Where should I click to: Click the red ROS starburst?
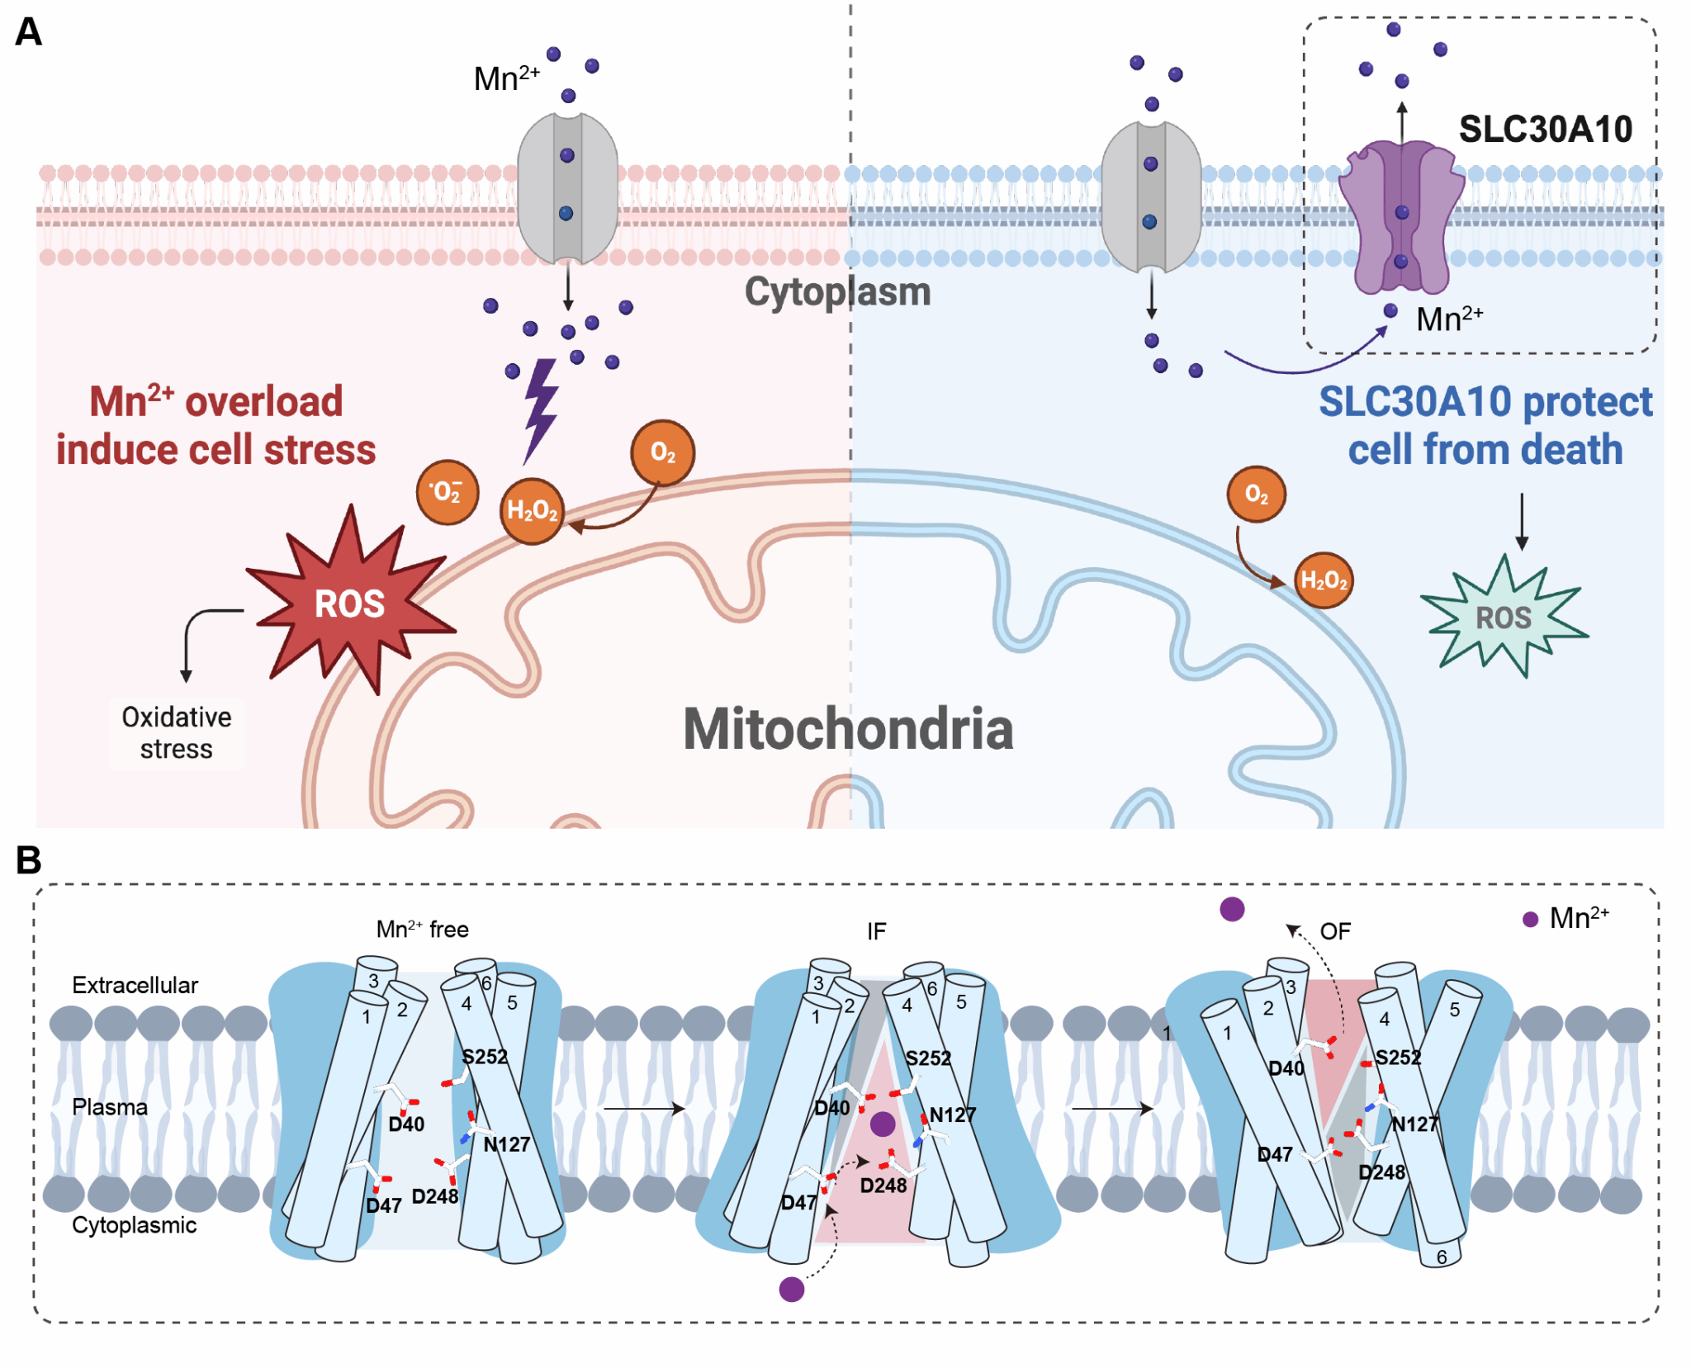[350, 604]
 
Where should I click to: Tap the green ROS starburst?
[1504, 618]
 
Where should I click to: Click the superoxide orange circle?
[447, 492]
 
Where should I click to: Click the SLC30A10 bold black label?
[1546, 129]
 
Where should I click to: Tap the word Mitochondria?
[848, 729]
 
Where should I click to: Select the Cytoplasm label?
[837, 292]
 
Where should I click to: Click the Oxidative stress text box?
[176, 732]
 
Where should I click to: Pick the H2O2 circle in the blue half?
[1324, 580]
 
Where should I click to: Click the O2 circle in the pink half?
[662, 452]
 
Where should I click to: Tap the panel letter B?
[28, 860]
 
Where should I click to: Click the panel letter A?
[28, 32]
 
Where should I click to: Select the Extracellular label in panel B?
[135, 985]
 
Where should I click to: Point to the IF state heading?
[876, 932]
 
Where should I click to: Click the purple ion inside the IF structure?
[883, 1124]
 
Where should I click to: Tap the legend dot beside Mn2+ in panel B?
[1530, 920]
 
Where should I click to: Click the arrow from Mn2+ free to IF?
[644, 1109]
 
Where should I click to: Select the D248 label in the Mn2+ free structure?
[434, 1196]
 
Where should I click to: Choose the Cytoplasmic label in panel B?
[134, 1225]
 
